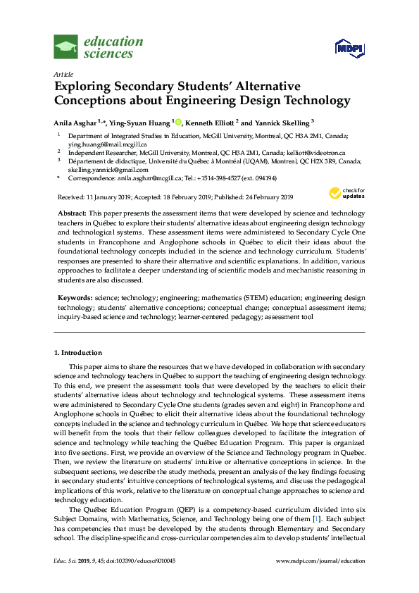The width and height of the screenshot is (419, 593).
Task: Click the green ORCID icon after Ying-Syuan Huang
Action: pyautogui.click(x=178, y=122)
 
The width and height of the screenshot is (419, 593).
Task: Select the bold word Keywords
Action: pyautogui.click(x=73, y=299)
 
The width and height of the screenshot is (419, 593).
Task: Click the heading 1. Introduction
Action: pyautogui.click(x=78, y=352)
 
